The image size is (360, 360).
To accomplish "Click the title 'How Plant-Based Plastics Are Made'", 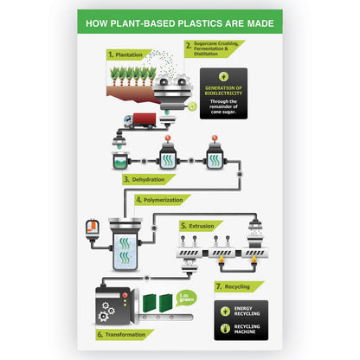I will pos(179,22).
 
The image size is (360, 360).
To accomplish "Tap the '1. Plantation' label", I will pos(127,54).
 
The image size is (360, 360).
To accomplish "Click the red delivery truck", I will pos(139,121).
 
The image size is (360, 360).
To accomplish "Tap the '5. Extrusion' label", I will pos(201,225).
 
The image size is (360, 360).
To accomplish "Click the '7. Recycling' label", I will pos(237,286).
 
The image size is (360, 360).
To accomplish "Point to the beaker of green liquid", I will pos(121,160).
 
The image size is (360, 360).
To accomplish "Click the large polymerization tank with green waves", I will pos(125,247).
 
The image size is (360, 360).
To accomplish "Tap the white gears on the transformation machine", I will pos(106,309).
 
